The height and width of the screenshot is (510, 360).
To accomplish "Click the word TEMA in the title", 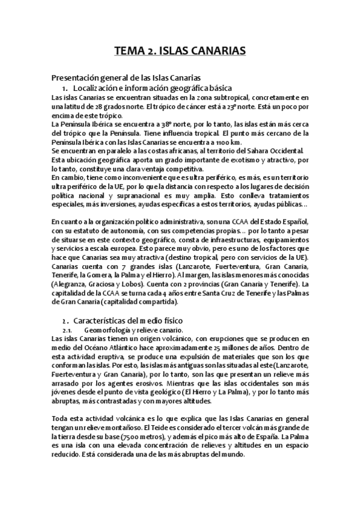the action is point(129,52).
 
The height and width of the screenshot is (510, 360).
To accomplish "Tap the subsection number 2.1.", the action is point(68,330).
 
